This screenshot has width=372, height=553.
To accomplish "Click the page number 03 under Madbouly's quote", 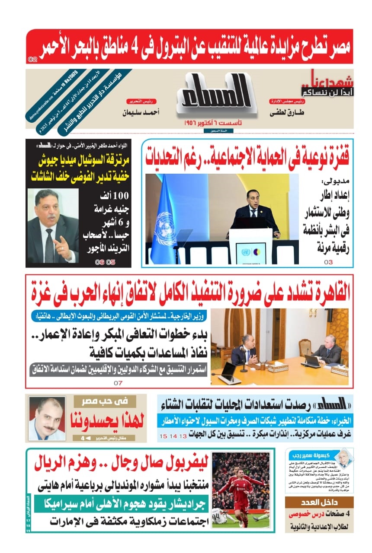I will click(328, 262).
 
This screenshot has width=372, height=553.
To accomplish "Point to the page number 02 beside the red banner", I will click(32, 59).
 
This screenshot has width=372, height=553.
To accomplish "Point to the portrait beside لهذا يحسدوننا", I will click(47, 418).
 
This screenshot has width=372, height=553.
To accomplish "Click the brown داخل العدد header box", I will click(319, 502).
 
